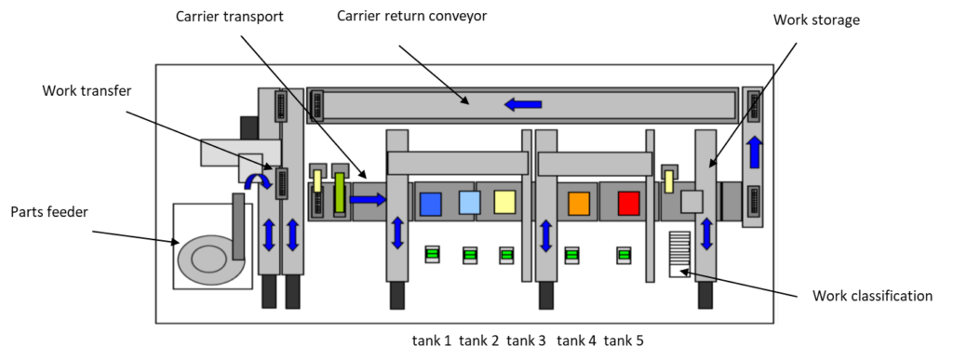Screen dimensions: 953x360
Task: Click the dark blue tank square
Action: tap(431, 204)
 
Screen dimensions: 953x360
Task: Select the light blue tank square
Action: tap(469, 203)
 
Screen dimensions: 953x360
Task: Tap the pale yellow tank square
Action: tap(505, 202)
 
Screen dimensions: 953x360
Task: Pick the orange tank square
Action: tap(579, 204)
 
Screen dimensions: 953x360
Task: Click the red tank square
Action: tap(628, 204)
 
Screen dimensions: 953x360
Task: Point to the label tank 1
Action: tap(432, 340)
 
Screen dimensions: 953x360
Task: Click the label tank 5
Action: tap(624, 340)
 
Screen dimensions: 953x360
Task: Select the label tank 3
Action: tap(526, 340)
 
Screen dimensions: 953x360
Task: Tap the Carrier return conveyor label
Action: tap(412, 16)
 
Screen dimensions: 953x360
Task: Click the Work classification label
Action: tap(872, 296)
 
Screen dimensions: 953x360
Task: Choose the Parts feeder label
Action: tap(49, 212)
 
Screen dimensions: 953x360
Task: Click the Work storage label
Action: tap(816, 20)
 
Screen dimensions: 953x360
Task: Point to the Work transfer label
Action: tap(87, 90)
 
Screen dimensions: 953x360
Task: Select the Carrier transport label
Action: tap(230, 17)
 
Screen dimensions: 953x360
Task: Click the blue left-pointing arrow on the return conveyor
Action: tap(523, 104)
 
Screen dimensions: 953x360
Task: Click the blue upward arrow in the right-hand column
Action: tap(754, 152)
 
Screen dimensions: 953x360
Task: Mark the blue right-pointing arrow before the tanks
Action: tap(368, 198)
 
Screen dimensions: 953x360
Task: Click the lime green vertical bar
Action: tap(340, 193)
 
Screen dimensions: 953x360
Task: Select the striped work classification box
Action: tap(679, 254)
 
